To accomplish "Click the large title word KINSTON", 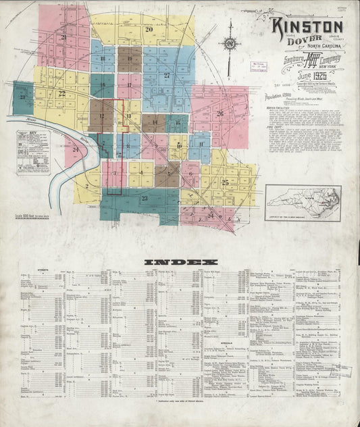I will (x=307, y=27).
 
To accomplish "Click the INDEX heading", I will (x=181, y=261).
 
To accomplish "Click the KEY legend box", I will (x=33, y=152).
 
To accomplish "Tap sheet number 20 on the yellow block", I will (x=149, y=30).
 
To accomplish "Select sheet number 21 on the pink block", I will (x=63, y=38).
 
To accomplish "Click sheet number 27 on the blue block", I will (x=166, y=76).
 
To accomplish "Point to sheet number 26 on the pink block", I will (x=220, y=114).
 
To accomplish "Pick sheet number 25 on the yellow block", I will (x=226, y=182).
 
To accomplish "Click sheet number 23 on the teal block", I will (x=144, y=198).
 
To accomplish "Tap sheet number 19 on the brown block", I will (x=129, y=59).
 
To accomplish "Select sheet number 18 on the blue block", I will (x=103, y=59).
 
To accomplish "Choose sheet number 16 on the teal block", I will (x=103, y=86).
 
